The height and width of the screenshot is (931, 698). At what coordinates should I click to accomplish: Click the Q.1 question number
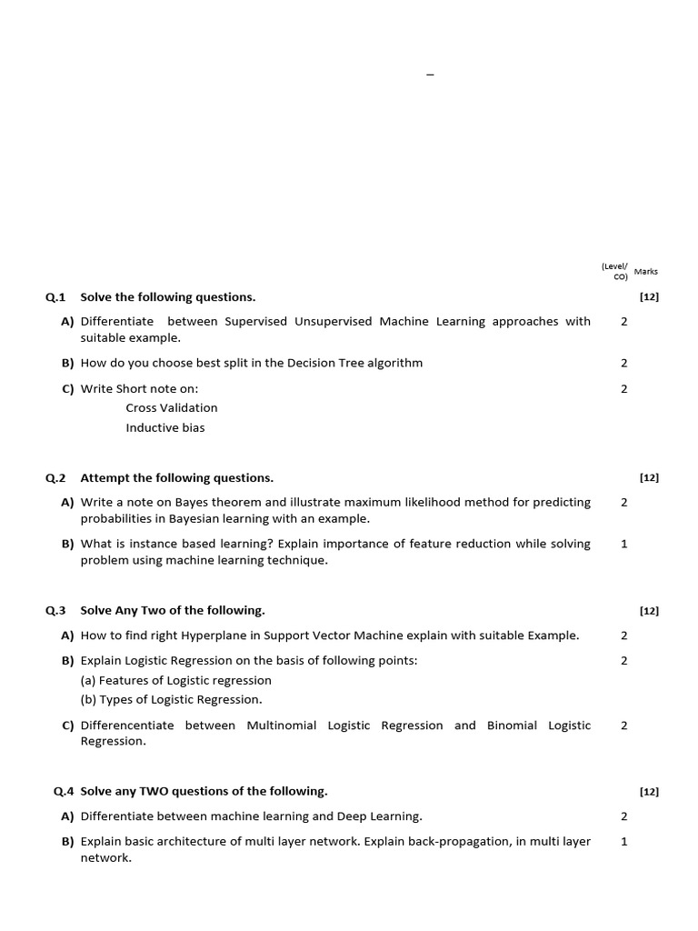click(x=56, y=297)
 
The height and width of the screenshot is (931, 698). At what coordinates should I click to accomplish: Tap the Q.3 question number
click(x=56, y=611)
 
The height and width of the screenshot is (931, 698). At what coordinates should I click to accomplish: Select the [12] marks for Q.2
click(x=649, y=477)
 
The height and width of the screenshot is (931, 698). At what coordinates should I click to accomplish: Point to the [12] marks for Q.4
click(x=649, y=792)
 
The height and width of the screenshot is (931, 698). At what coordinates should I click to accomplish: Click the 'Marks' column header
click(x=646, y=271)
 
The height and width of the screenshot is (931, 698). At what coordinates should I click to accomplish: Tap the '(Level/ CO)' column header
click(x=614, y=271)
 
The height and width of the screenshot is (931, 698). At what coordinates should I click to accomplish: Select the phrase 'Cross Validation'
click(x=172, y=408)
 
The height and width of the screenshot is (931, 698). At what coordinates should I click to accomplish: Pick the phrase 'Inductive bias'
click(x=165, y=428)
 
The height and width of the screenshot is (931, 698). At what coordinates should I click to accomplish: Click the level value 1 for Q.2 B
click(x=624, y=544)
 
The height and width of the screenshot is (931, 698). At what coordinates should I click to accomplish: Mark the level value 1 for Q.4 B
click(x=624, y=842)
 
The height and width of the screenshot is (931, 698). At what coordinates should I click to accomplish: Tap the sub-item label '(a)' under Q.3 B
click(x=88, y=681)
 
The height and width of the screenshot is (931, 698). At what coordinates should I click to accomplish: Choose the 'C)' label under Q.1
click(x=67, y=389)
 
